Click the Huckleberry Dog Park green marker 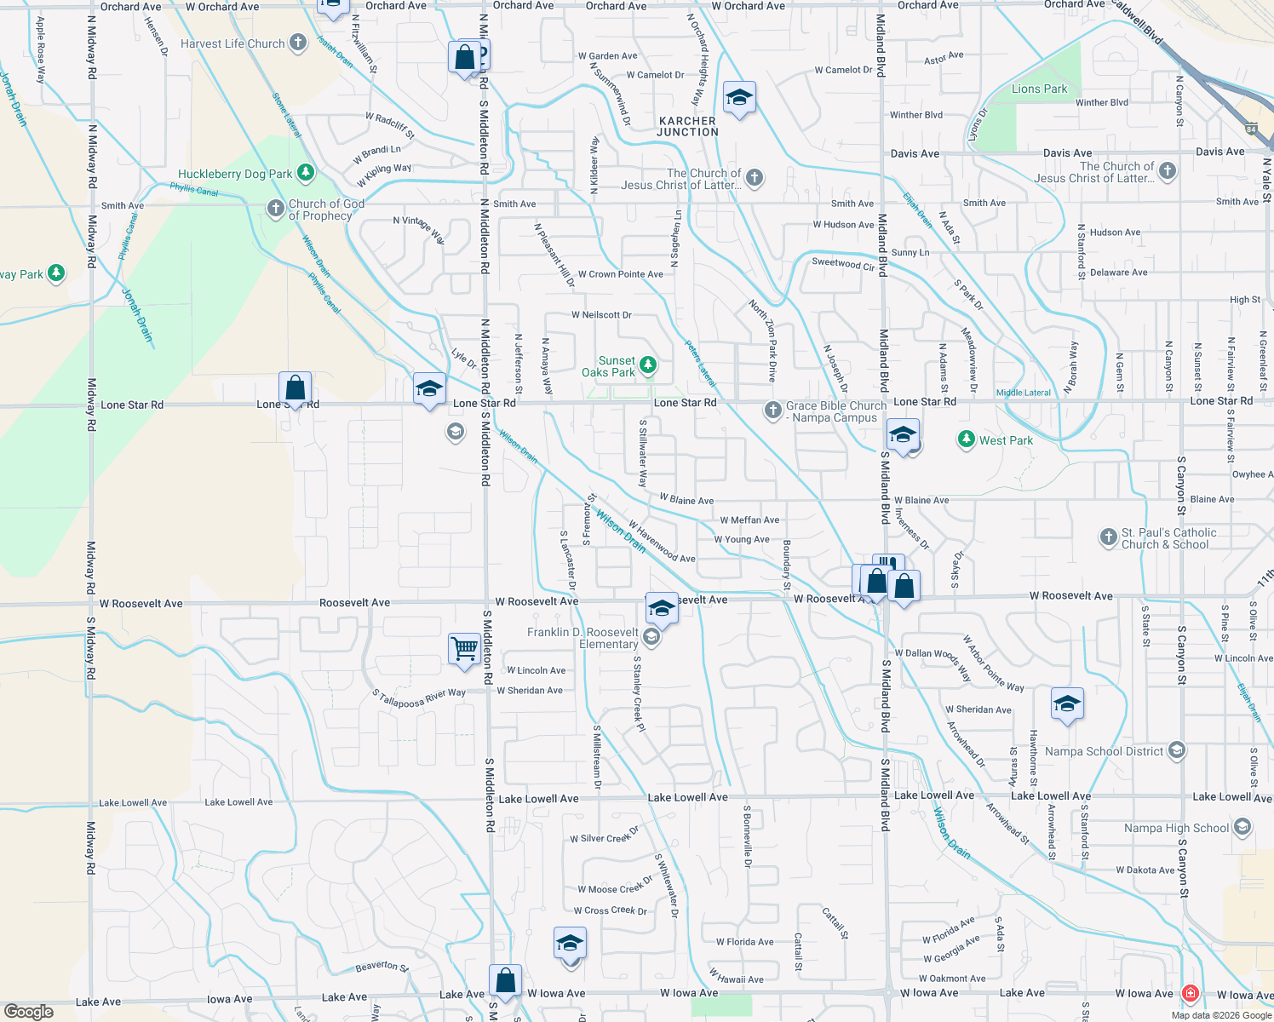[305, 174]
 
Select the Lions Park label [1039, 89]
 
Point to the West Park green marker [966, 439]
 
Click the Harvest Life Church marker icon [297, 43]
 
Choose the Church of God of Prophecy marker [275, 209]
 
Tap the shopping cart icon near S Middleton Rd [465, 649]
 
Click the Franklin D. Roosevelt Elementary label [582, 638]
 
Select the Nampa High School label [1176, 828]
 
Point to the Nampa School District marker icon [1176, 750]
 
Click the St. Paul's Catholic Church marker [1108, 537]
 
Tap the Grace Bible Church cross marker [772, 411]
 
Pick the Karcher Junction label [688, 127]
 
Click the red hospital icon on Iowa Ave [1190, 993]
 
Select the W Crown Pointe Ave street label [620, 274]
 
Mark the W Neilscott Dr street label [601, 315]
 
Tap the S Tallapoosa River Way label [419, 698]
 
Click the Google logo [29, 1011]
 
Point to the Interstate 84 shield [1250, 129]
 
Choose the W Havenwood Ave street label [662, 543]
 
